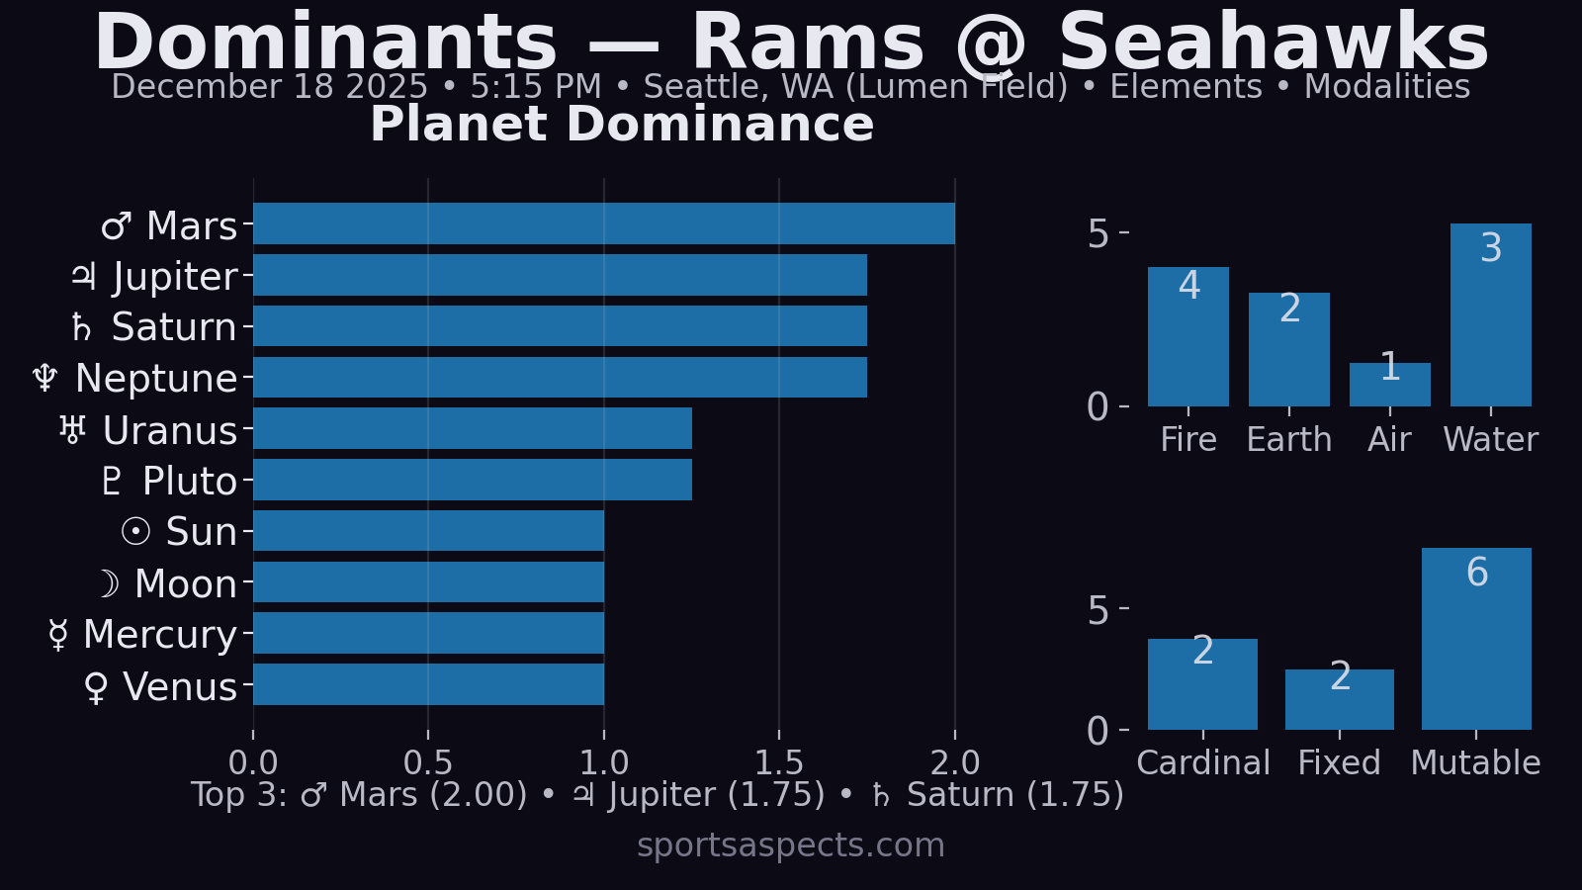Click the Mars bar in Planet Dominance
pos(603,223)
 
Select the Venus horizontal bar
pos(428,684)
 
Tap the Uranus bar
pos(473,428)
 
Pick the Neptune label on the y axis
pos(156,379)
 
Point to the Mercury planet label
pos(160,635)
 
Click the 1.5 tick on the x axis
pos(779,762)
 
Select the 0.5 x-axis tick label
pos(428,762)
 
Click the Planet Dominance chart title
pos(622,125)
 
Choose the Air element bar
pos(1389,385)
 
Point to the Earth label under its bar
pos(1289,440)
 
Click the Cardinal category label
pos(1203,762)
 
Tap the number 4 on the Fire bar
pos(1189,286)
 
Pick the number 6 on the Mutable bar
pos(1477,573)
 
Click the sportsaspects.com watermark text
pos(791,845)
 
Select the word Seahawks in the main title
pos(1274,44)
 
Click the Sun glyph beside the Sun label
pos(135,532)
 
